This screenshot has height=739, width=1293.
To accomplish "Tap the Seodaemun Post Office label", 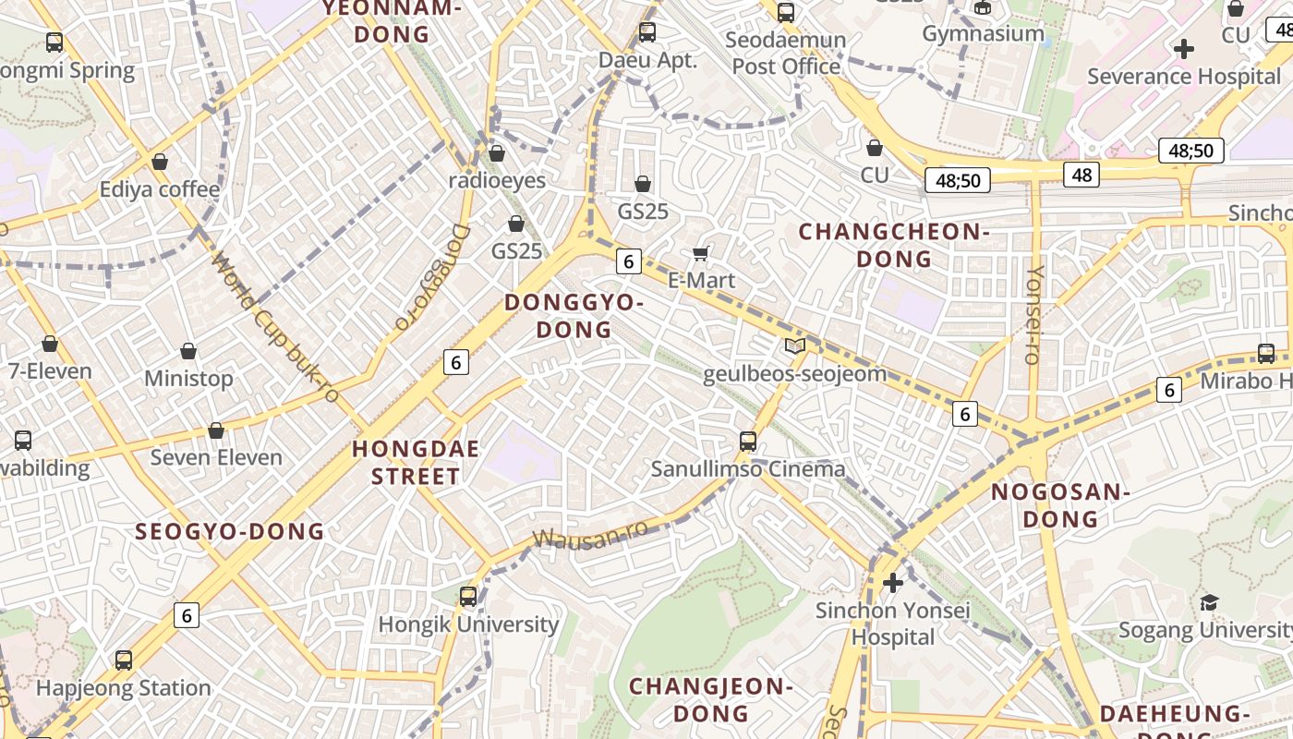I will pos(786,53).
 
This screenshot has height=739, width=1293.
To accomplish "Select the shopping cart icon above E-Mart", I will pos(701,253).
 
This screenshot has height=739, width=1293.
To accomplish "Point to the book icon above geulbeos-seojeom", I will pos(794,346).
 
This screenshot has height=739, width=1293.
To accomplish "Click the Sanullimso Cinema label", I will pos(748,468).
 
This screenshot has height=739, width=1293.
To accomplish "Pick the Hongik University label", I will pos(468,624).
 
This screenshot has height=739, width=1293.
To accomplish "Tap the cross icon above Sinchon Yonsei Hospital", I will pos(892,583).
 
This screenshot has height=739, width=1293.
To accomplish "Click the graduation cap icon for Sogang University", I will pos(1209,602).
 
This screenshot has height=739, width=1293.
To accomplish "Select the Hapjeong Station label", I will pos(124,688).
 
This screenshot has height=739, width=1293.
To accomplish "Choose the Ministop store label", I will pos(188,378).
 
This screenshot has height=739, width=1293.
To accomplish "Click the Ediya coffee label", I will pos(160,189).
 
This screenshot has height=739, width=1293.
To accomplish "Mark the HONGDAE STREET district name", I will pos(416,463).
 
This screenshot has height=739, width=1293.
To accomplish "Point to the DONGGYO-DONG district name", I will pos(574,316).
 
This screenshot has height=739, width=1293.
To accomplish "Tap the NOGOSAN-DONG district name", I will pos(1060,505).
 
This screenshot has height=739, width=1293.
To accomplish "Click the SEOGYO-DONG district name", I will pos(230,531).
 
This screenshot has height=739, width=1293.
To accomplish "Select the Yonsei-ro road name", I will pos(1036,314).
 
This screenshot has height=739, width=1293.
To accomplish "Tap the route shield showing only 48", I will pos(1082,174).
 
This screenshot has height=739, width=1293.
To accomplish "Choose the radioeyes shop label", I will pos(497,180).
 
